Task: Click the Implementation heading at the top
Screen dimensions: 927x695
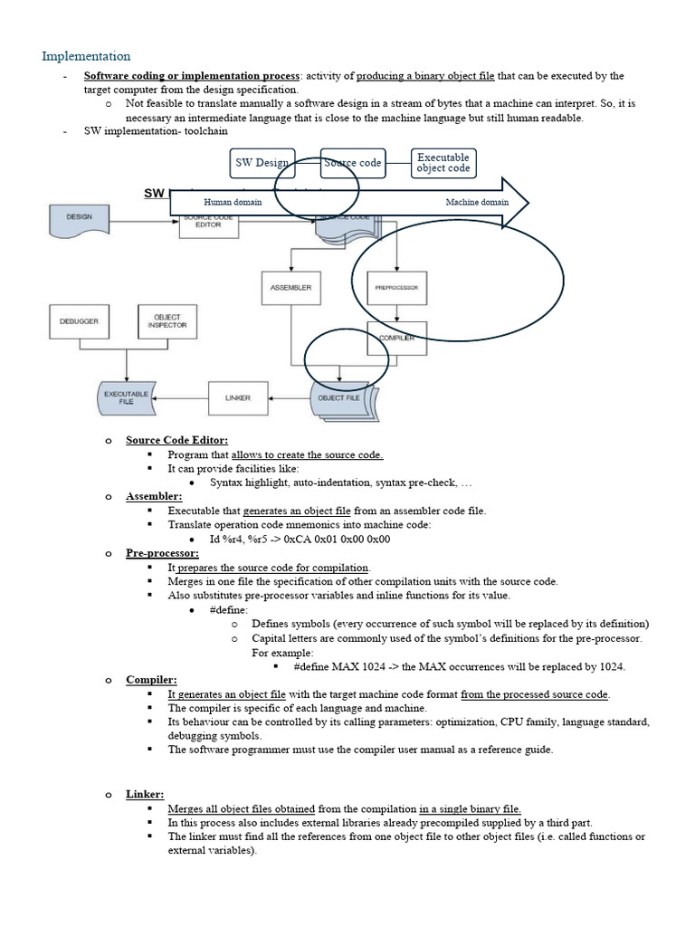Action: pyautogui.click(x=86, y=56)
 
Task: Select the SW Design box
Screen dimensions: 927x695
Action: pyautogui.click(x=262, y=163)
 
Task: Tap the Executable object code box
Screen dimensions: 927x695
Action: pyautogui.click(x=443, y=163)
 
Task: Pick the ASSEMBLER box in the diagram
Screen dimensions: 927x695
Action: pyautogui.click(x=291, y=287)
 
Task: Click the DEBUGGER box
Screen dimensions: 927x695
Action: pyautogui.click(x=79, y=321)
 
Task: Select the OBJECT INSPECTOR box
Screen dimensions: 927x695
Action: pyautogui.click(x=167, y=321)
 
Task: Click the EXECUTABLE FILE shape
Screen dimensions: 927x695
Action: pyautogui.click(x=125, y=397)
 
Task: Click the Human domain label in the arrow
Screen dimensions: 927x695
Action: pyautogui.click(x=233, y=202)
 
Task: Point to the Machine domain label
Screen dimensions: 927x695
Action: pyautogui.click(x=477, y=202)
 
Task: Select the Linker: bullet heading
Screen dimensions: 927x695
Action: pyautogui.click(x=145, y=794)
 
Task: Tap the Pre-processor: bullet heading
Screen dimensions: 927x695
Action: pyautogui.click(x=162, y=552)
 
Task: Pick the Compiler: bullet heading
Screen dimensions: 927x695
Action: pyautogui.click(x=151, y=680)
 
